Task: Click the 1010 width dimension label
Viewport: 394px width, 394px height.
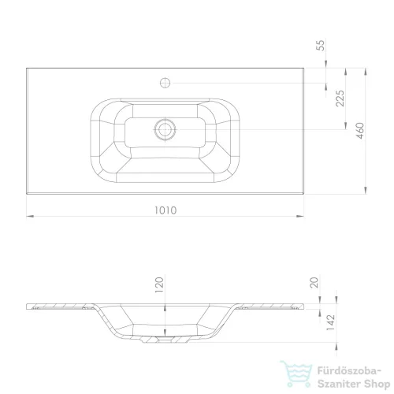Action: (165, 210)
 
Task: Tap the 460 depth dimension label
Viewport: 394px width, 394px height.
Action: (360, 131)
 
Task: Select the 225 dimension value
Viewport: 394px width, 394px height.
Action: (340, 98)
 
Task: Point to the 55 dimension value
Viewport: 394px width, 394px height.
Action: (322, 45)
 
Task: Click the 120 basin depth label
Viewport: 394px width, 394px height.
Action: (159, 284)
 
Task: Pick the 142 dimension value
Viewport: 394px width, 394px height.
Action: (331, 322)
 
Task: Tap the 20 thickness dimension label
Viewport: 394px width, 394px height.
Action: (314, 282)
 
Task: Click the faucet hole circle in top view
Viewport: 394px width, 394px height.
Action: (165, 83)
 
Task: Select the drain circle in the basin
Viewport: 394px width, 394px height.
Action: (165, 129)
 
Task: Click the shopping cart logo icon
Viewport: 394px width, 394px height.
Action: (296, 374)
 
